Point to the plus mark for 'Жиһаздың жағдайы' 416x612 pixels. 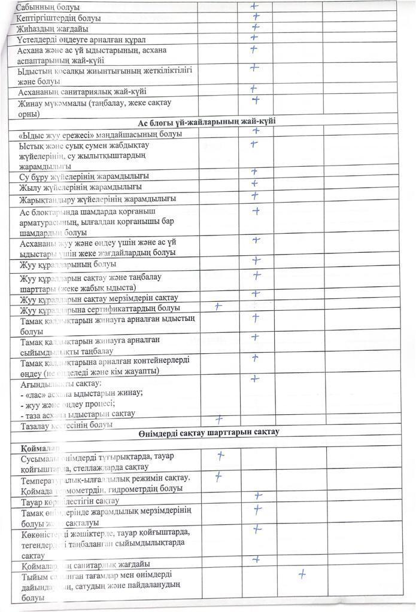click(x=256, y=27)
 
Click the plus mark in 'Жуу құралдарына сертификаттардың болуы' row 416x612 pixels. click(x=218, y=306)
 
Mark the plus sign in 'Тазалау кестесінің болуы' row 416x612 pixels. click(x=219, y=419)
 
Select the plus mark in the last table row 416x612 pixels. click(x=302, y=575)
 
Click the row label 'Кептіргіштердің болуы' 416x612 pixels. click(x=59, y=19)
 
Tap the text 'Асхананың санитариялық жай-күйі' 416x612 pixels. click(x=83, y=91)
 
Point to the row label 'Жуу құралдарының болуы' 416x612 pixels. click(x=68, y=264)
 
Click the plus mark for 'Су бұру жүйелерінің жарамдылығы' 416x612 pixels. click(x=254, y=173)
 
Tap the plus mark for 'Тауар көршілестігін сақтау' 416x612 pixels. click(x=258, y=495)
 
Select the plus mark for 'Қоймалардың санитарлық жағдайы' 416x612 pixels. click(x=256, y=559)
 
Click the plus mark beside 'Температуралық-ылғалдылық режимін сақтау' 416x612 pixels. click(x=218, y=477)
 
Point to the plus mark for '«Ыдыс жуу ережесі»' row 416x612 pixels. click(x=256, y=131)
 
